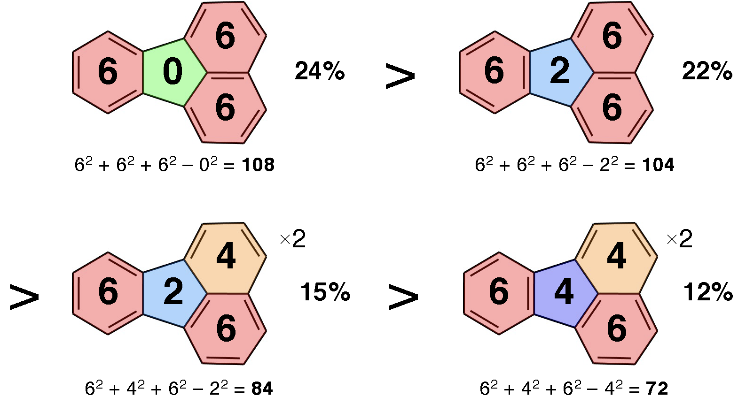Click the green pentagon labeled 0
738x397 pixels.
click(173, 72)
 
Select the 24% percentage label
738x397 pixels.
click(320, 71)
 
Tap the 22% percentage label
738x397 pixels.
click(707, 71)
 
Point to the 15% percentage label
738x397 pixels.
click(325, 291)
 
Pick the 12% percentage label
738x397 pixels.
click(708, 291)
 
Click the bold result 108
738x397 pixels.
click(258, 165)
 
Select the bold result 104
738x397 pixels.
click(658, 165)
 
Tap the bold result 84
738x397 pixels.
click(262, 389)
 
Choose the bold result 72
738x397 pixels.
click(657, 389)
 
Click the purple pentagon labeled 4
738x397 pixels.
click(564, 292)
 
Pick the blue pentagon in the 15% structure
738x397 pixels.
click(173, 292)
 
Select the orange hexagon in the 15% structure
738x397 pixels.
click(226, 258)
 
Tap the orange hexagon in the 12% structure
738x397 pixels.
click(616, 258)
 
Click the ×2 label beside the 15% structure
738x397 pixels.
click(293, 239)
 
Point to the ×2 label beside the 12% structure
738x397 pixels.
click(680, 239)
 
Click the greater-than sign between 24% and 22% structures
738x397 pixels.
click(400, 76)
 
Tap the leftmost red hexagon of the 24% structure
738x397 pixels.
click(108, 72)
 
